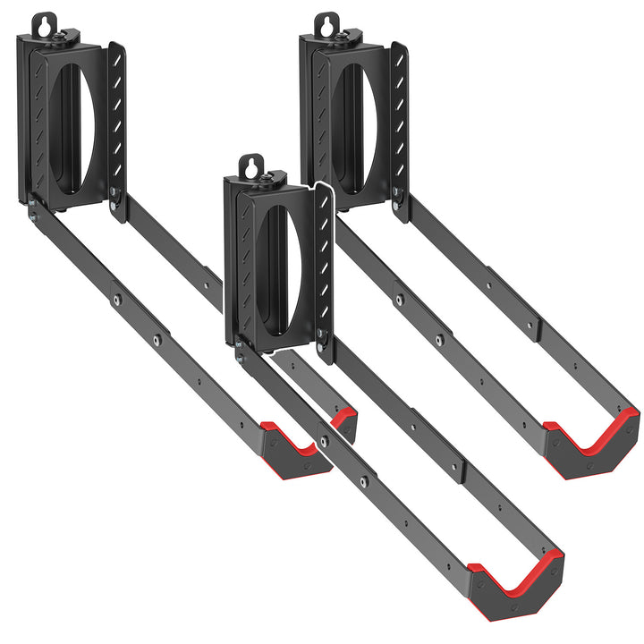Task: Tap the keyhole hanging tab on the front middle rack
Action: tap(252, 166)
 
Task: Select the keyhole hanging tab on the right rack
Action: tap(328, 24)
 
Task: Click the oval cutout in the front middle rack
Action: tap(277, 270)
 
